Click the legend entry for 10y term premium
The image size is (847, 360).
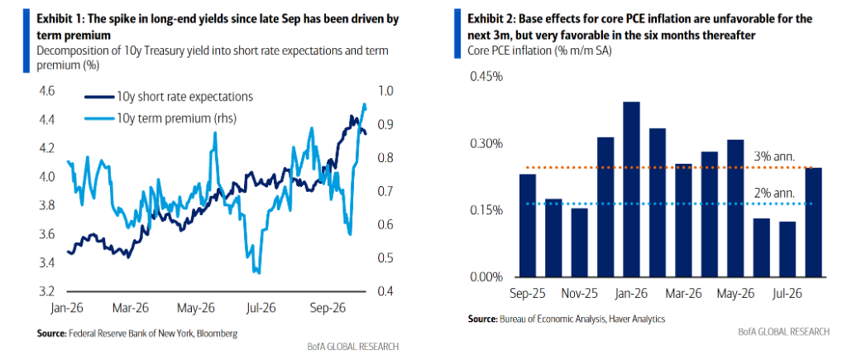coord(160,118)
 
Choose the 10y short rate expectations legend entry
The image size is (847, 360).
coord(169,97)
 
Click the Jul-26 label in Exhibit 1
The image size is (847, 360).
coord(261,308)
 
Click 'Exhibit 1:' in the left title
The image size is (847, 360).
coord(58,20)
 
